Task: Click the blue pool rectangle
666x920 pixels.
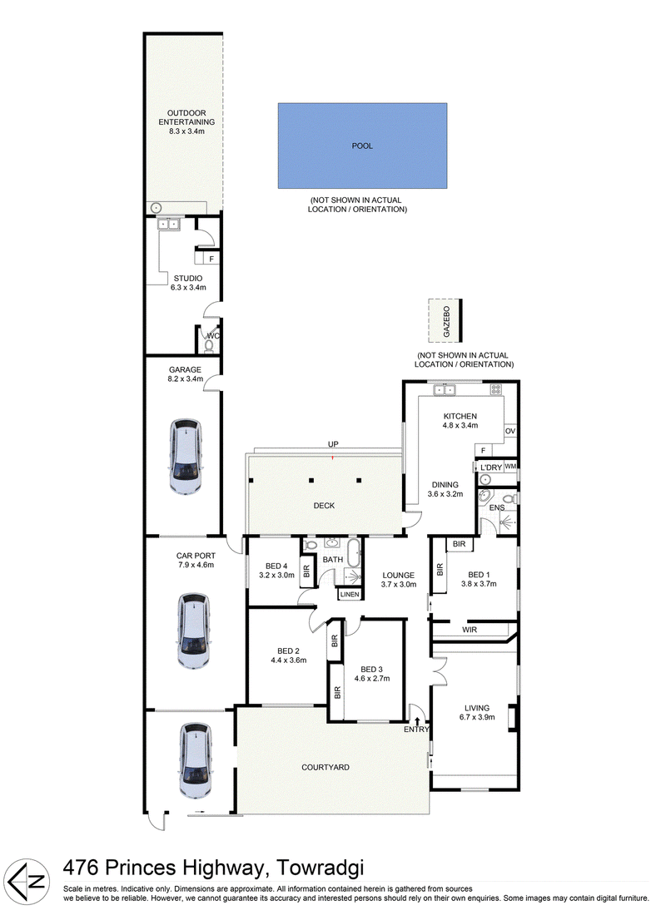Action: click(362, 146)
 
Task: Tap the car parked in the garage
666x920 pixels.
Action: click(186, 456)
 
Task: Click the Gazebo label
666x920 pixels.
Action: click(446, 321)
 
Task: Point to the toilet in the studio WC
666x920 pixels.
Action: click(209, 345)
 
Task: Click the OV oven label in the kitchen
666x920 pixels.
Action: click(509, 431)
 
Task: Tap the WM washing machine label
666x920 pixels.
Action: click(510, 467)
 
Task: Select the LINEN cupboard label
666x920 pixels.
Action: click(350, 595)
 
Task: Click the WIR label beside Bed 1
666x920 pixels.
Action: click(470, 630)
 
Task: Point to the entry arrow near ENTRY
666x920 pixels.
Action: click(418, 721)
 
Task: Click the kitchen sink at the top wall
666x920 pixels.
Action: click(445, 388)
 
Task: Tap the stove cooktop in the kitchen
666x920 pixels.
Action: click(495, 388)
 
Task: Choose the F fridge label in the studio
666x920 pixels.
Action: click(211, 258)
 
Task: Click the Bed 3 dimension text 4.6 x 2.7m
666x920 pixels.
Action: click(372, 678)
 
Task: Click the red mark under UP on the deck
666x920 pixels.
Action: click(333, 457)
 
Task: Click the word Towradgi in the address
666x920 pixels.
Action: click(320, 868)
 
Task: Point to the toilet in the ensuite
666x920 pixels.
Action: click(511, 499)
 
